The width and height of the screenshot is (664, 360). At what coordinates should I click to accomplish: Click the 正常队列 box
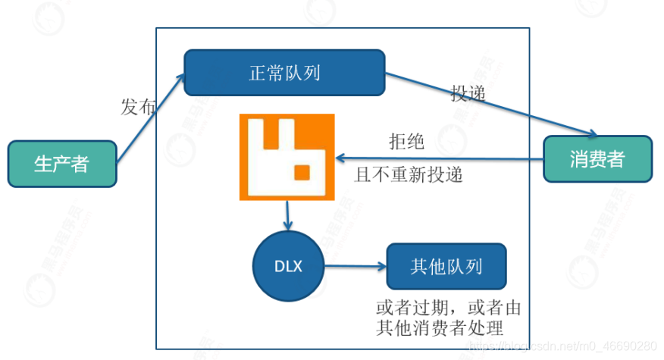[x=284, y=74]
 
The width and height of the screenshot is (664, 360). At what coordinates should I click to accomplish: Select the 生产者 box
[x=62, y=164]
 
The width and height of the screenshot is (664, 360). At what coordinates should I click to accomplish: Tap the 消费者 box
[x=597, y=158]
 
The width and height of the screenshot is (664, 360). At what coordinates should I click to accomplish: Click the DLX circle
[x=288, y=266]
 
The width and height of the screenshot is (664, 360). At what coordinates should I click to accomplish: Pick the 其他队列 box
[x=446, y=266]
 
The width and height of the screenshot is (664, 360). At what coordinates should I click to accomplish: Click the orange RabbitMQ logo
[x=287, y=156]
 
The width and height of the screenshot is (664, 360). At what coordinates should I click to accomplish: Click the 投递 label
[x=468, y=93]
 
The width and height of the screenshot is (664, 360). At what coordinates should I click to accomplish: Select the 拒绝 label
[x=406, y=142]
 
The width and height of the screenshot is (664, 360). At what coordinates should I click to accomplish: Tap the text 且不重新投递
[x=409, y=175]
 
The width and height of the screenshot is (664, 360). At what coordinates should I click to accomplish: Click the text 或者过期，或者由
[x=448, y=308]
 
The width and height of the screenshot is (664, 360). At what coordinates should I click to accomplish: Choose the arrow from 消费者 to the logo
[x=440, y=158]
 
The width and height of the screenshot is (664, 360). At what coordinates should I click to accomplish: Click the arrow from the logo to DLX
[x=287, y=216]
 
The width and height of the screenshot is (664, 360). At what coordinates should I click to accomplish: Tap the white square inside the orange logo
[x=302, y=174]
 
